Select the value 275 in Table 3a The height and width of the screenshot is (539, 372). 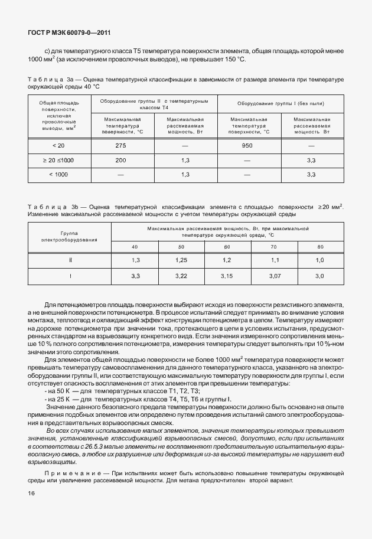[121, 145]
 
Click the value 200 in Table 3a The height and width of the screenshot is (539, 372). [121, 160]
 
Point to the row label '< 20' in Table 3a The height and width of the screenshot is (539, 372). [58, 145]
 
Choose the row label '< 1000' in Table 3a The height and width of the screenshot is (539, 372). [58, 175]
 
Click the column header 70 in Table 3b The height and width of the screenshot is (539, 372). [273, 246]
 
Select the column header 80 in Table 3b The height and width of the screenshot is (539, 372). [320, 246]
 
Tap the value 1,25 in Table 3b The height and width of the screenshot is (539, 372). [181, 260]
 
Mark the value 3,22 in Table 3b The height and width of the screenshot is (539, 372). [181, 276]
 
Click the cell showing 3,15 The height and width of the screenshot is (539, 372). [227, 276]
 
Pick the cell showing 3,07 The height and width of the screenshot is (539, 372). [273, 276]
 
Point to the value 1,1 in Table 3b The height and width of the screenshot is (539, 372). [273, 260]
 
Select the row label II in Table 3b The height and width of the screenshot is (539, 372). [70, 260]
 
